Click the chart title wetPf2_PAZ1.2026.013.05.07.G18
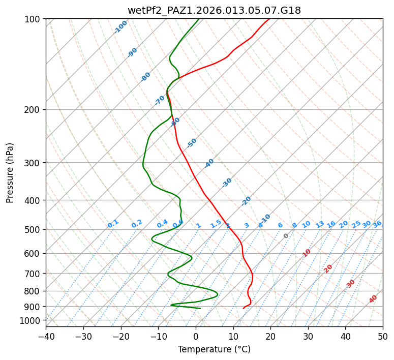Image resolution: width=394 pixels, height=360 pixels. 214,10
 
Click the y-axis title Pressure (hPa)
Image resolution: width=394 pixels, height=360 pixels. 10,173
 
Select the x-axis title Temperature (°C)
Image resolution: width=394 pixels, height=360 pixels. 214,349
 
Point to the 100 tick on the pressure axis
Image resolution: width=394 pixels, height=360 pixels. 34,19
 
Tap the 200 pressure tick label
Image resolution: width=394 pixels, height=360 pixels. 34,110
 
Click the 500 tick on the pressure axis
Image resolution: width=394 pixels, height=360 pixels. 34,230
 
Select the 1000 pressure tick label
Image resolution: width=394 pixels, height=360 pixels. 32,321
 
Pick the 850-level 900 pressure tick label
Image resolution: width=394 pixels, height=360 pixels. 34,307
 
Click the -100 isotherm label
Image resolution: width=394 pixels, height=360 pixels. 121,27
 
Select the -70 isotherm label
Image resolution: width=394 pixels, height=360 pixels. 160,100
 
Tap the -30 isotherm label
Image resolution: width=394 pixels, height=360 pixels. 227,183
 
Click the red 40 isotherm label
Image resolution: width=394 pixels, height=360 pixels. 373,299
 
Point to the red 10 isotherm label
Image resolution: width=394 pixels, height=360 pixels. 307,253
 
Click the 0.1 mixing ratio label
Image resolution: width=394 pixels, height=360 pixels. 113,223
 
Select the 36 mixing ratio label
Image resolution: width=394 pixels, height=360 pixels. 377,224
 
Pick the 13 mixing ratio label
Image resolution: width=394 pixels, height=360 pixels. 320,224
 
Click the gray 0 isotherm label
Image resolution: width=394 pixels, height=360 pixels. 286,236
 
